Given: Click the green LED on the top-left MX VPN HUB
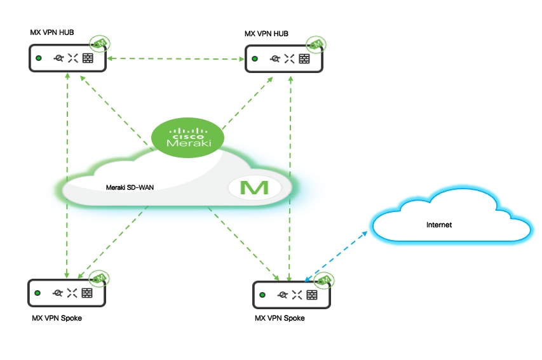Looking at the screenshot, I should pyautogui.click(x=39, y=58).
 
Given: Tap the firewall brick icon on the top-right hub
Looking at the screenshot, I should pyautogui.click(x=304, y=59).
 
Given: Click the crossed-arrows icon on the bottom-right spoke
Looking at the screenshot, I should pyautogui.click(x=297, y=295).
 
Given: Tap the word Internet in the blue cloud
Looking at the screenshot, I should pyautogui.click(x=439, y=225).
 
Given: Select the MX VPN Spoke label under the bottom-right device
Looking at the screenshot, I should pyautogui.click(x=280, y=317).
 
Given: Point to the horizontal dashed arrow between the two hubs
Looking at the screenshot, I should pyautogui.click(x=176, y=59).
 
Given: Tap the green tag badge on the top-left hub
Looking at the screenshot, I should pyautogui.click(x=99, y=43).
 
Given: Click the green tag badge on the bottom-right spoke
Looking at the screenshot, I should pyautogui.click(x=325, y=280).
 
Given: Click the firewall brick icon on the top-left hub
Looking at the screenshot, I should pyautogui.click(x=88, y=58).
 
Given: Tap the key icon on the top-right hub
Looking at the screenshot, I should pyautogui.click(x=274, y=59).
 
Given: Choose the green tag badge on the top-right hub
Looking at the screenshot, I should pyautogui.click(x=315, y=43).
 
